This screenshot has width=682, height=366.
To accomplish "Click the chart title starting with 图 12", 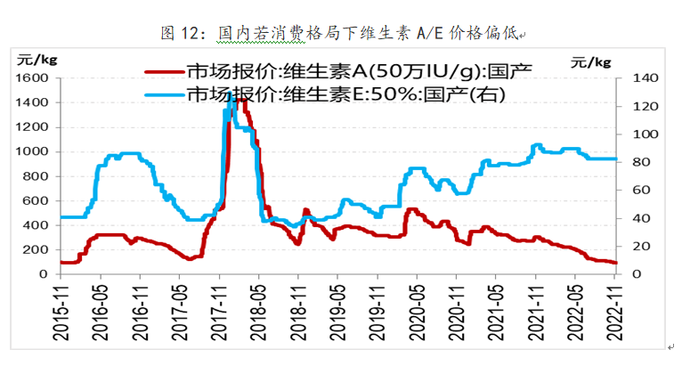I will (342, 33).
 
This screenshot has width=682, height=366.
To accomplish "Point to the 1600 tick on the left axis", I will (31, 78).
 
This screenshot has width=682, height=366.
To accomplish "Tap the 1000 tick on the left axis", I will (31, 152).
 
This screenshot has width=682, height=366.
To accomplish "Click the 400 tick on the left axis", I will (36, 225).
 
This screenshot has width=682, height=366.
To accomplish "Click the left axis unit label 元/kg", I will (33, 60).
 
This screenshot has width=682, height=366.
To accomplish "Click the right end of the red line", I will (616, 263).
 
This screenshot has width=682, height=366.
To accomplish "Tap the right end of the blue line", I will (616, 159).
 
